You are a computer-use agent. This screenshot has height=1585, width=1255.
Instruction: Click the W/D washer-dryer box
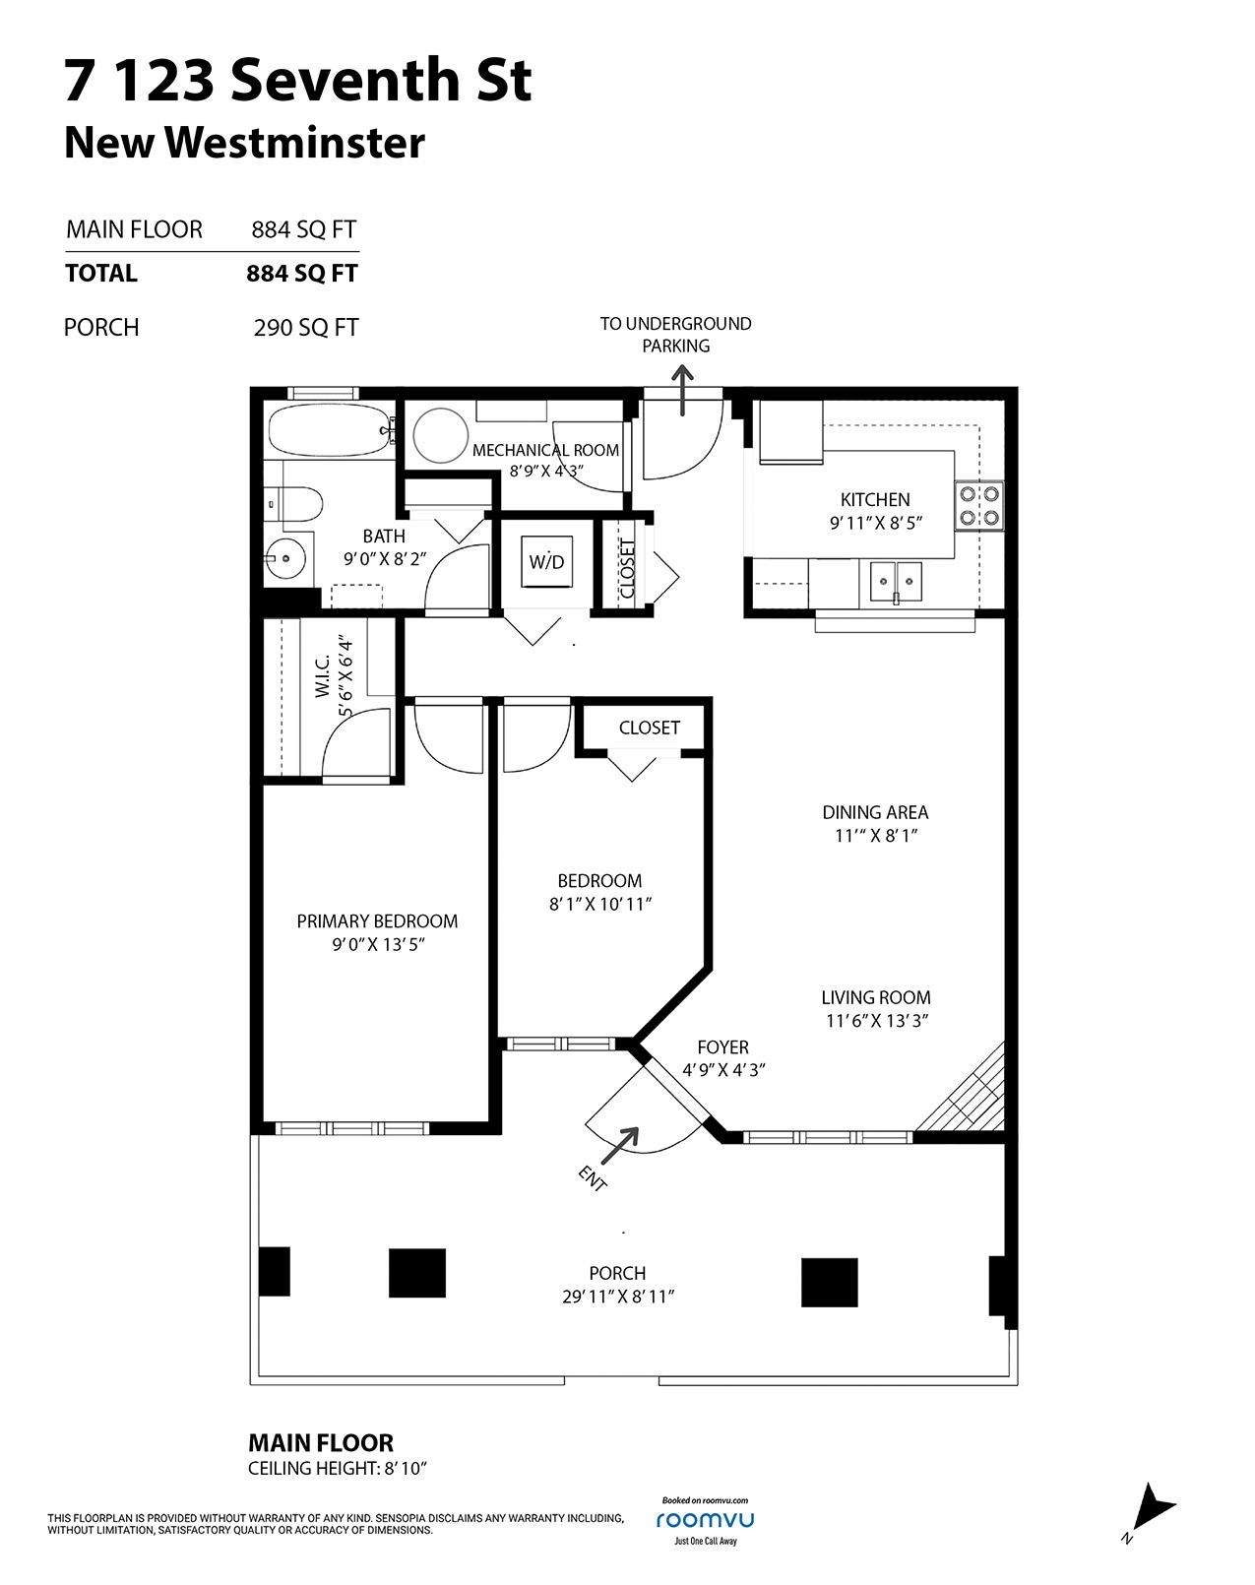click(546, 562)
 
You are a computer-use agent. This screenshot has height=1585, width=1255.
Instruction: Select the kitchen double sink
click(895, 583)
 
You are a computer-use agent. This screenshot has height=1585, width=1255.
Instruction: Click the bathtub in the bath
click(331, 430)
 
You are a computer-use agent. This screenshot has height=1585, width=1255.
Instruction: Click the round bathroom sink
click(285, 559)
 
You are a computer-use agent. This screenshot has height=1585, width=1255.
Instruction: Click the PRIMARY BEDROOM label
click(377, 921)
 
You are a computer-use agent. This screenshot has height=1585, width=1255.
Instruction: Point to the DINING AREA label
click(875, 812)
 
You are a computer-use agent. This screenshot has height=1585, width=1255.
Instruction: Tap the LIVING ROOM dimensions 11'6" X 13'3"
click(875, 1022)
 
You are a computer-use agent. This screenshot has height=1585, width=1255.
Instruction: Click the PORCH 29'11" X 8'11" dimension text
click(617, 1298)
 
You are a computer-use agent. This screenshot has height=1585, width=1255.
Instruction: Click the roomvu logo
click(705, 1519)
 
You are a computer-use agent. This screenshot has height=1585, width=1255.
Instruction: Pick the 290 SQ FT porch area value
click(305, 328)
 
